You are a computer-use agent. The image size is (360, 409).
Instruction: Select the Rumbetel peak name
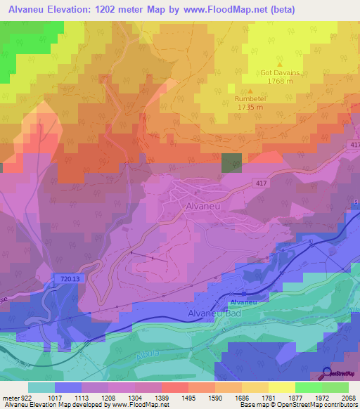[250, 100]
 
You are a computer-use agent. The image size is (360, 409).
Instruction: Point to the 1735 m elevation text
[250, 108]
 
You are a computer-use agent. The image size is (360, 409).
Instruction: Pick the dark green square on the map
[231, 162]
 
